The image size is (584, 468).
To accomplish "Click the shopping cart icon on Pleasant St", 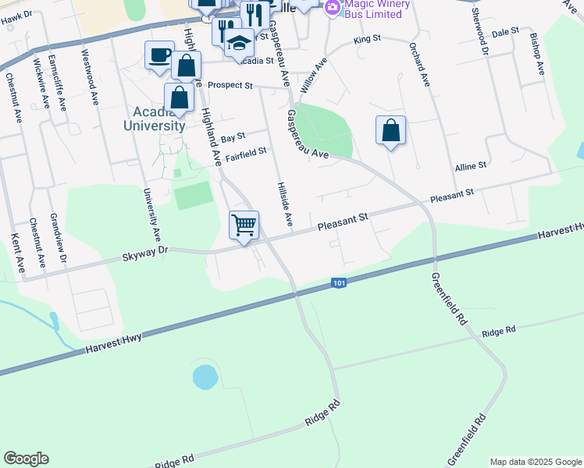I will pos(244,225).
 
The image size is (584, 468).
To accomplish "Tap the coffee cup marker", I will pos(160,55).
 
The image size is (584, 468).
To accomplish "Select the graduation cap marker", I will pos(240,43).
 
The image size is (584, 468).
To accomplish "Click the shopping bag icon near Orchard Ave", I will pos(390,130).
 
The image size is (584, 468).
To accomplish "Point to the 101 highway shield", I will pos(338,282).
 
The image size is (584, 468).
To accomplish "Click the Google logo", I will pos(26,459).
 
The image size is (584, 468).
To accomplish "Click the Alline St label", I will pos(470,166).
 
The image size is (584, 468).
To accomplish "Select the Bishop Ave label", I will pos(536,53).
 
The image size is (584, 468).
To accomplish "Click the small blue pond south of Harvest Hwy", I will pos(204,378).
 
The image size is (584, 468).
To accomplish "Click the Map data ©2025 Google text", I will pos(535,462).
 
